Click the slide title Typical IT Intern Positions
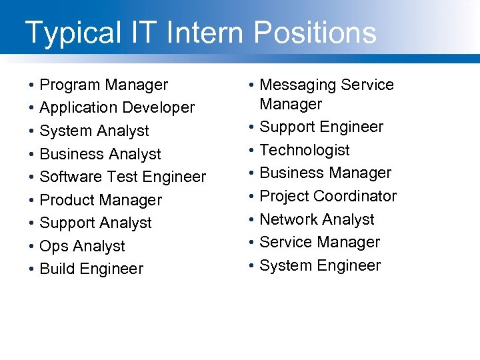click(200, 32)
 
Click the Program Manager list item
click(104, 85)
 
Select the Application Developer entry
click(117, 107)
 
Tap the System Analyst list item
click(94, 131)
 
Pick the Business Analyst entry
click(100, 154)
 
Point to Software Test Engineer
click(123, 177)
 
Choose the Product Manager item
click(101, 200)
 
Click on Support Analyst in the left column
click(95, 223)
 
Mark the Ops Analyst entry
click(82, 246)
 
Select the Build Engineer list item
click(91, 269)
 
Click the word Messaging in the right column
click(297, 85)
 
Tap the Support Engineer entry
click(321, 127)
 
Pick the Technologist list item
click(304, 150)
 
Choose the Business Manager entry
click(325, 173)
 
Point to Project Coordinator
click(328, 196)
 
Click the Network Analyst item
click(317, 219)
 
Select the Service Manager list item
click(319, 242)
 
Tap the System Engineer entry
click(320, 265)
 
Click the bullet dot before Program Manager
click(31, 86)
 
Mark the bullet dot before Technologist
click(251, 151)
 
